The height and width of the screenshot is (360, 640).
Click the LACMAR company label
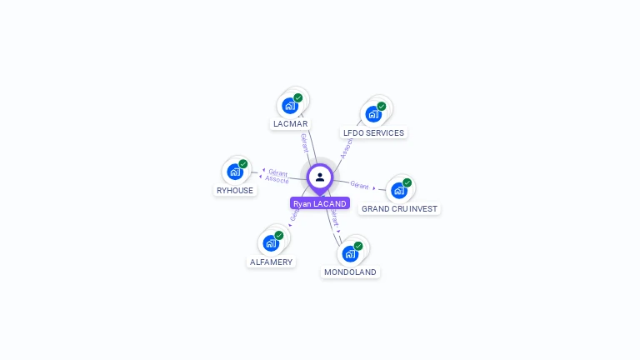(290, 123)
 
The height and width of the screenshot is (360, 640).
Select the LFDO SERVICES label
(373, 132)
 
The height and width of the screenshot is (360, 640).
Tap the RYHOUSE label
(235, 190)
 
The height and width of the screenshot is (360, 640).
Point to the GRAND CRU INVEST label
(399, 208)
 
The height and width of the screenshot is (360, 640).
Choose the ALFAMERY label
(271, 262)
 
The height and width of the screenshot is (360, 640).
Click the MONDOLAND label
(350, 272)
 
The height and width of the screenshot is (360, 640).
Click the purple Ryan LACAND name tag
(320, 203)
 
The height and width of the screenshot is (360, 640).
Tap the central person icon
(320, 177)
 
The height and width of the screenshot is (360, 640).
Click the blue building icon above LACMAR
(289, 105)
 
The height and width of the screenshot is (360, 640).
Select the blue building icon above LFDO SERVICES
(372, 113)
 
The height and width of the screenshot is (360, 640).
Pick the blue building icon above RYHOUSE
(234, 172)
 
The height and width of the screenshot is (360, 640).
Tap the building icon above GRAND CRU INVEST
(398, 190)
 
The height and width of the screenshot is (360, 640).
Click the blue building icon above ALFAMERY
(270, 242)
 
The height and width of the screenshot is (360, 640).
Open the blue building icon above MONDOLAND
(349, 252)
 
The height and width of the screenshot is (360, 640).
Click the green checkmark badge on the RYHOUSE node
(243, 164)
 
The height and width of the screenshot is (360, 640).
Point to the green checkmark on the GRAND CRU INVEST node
(407, 182)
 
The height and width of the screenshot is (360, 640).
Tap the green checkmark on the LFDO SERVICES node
(382, 106)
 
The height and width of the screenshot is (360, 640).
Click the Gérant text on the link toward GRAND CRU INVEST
(359, 185)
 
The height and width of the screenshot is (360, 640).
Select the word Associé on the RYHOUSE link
(277, 180)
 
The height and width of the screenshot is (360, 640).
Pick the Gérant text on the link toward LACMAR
(305, 142)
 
